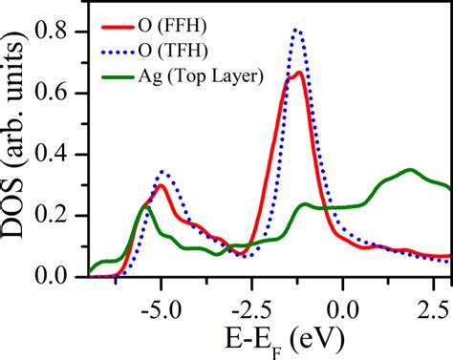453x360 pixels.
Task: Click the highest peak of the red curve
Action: coord(298,73)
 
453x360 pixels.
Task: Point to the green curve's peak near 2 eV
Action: coord(410,169)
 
